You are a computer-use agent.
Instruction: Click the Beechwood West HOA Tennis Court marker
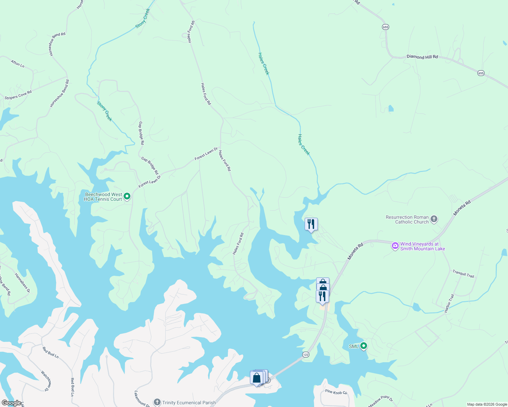(x=127, y=196)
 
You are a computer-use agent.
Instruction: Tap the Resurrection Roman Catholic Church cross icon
(x=434, y=219)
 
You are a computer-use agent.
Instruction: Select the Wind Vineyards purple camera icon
(x=395, y=246)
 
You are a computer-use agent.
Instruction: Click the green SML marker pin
(x=364, y=346)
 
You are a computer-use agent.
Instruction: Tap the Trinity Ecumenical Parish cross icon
(x=157, y=402)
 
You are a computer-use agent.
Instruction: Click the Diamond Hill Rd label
(x=422, y=57)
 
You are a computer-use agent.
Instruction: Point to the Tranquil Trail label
(x=463, y=274)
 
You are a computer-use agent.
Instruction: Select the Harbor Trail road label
(x=449, y=303)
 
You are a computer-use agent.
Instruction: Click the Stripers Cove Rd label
(x=18, y=95)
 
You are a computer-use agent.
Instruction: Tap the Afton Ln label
(x=17, y=63)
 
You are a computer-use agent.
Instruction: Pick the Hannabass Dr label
(x=22, y=283)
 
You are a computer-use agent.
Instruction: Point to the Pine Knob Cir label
(x=336, y=392)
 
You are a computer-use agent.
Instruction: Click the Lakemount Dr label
(x=142, y=399)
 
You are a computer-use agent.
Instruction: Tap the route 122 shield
(x=305, y=354)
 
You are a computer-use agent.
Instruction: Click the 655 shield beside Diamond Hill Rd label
(x=481, y=73)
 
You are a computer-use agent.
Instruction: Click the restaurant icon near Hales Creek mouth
(x=311, y=224)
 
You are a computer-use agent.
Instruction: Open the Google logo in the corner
(x=11, y=403)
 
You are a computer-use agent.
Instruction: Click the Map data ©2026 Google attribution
(x=487, y=404)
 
